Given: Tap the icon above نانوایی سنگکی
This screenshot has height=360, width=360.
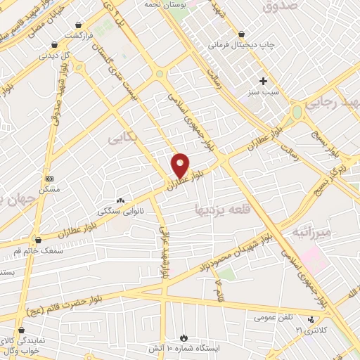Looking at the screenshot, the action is pyautogui.click(x=120, y=200).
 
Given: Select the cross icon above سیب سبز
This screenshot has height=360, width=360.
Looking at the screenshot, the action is pyautogui.click(x=264, y=81).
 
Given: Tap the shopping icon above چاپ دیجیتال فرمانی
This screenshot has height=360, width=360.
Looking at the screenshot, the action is pyautogui.click(x=241, y=34).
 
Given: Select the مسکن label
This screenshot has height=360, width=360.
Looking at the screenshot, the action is pyautogui.click(x=50, y=190).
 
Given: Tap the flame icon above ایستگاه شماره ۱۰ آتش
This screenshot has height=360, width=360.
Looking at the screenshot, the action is pyautogui.click(x=184, y=338).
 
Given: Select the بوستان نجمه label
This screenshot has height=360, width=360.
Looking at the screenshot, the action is pyautogui.click(x=164, y=6).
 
